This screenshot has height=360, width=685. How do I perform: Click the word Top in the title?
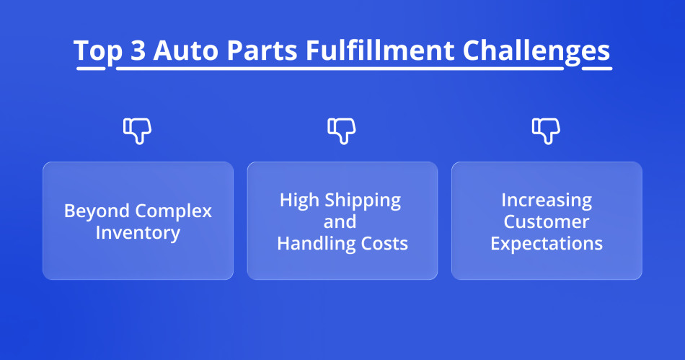coord(97,52)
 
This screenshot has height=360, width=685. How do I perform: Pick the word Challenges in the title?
coord(536,52)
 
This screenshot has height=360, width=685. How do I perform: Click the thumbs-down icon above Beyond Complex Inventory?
coord(137,130)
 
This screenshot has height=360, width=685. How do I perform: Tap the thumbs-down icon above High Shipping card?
coord(342,130)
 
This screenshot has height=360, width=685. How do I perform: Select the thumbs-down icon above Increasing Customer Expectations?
coord(546,130)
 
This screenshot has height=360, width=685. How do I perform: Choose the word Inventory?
coord(138,233)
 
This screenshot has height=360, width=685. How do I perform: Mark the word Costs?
coord(384,244)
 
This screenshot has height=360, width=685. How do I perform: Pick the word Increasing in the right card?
coord(547,201)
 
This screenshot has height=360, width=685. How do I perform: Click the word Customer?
coord(547,221)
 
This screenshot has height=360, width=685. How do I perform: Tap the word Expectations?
coord(547,243)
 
